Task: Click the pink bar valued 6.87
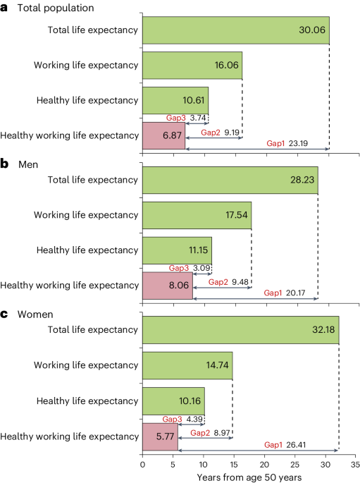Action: click(163, 135)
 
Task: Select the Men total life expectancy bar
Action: click(230, 180)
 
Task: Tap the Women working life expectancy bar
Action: click(187, 366)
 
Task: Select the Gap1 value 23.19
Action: click(304, 144)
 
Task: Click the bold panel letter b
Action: click(4, 164)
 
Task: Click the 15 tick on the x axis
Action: click(233, 465)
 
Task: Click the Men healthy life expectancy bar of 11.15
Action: click(177, 251)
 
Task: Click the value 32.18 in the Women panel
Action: click(321, 331)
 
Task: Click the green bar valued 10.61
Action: click(175, 100)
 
